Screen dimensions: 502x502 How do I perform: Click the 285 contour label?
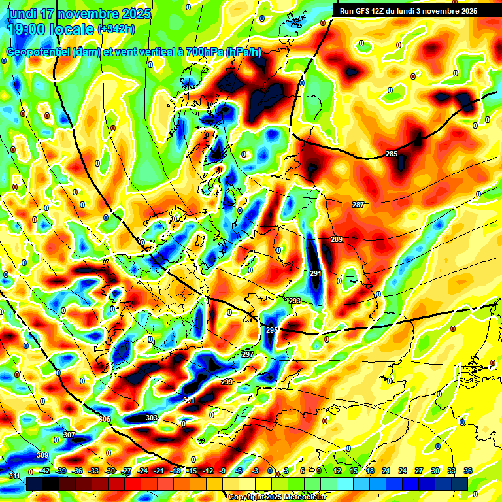pos(391,154)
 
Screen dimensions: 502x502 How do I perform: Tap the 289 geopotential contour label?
pos(337,240)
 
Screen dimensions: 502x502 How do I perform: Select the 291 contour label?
pos(315,273)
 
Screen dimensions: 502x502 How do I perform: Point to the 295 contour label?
pos(272,331)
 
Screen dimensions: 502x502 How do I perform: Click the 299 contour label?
pos(227,382)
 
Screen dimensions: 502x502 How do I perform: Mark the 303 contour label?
pos(152,418)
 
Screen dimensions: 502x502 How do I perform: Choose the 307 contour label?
pos(69,435)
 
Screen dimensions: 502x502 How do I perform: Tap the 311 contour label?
pos(14,476)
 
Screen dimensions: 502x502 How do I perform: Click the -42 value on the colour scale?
pos(45,471)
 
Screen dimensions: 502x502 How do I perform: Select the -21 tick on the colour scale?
pos(159,471)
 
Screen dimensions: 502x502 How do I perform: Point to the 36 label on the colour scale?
pos(467,471)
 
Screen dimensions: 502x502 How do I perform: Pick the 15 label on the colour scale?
pos(354,471)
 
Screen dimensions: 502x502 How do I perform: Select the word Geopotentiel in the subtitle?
pos(38,52)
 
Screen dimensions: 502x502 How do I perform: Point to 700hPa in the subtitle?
pos(199,52)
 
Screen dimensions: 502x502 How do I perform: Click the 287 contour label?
pos(358,205)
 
